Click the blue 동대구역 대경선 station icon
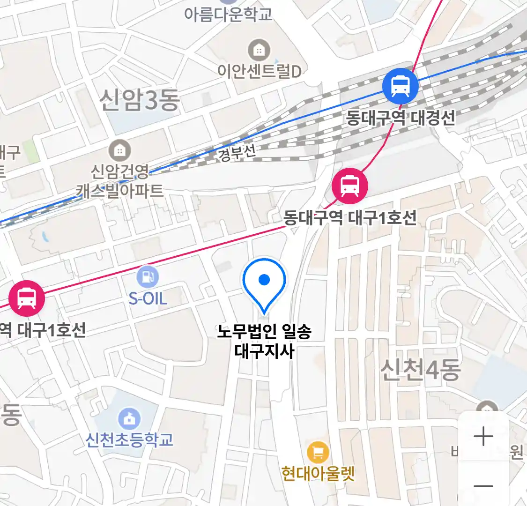tap(400, 86)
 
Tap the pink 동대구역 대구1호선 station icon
tap(349, 186)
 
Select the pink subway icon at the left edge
tap(27, 298)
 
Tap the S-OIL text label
tap(148, 298)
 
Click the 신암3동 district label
tap(139, 100)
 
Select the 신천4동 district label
tap(420, 370)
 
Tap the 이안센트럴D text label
tap(259, 71)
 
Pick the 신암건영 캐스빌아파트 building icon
tap(120, 150)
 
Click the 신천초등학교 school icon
tap(129, 418)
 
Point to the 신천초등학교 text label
tap(129, 439)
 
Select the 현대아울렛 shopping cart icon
tap(318, 453)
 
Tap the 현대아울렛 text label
tap(318, 474)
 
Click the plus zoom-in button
tap(483, 437)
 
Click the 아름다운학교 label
tap(228, 14)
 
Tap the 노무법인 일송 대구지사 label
tap(264, 341)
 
